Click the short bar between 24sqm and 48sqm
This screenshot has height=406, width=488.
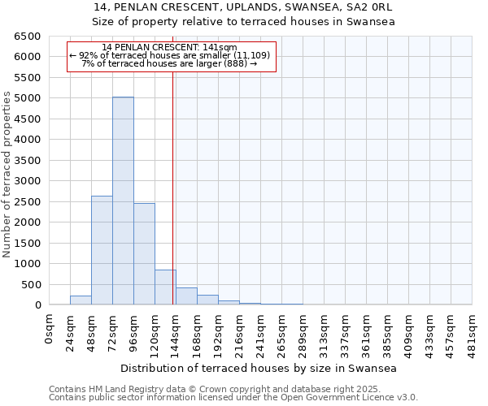coord(81,300)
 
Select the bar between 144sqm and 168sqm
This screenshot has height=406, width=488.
coord(186,296)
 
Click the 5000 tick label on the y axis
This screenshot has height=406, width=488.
coord(27,98)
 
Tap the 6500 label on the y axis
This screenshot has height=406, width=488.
coord(27,37)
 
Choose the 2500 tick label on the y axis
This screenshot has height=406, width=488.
coord(27,202)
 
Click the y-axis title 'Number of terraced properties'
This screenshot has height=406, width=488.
coord(7,175)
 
